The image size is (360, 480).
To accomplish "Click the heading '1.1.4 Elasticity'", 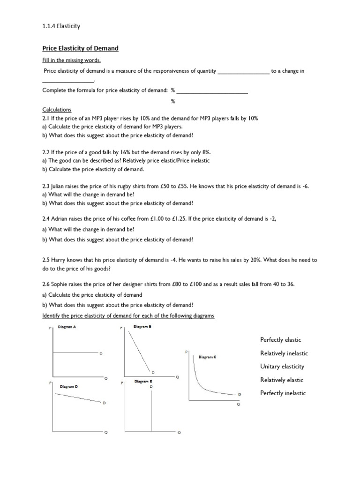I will pos(61,26).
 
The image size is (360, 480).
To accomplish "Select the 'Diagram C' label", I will pos(207,357).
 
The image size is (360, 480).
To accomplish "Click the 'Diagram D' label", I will pos(69,387).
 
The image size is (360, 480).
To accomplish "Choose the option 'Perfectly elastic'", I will pos(280,339).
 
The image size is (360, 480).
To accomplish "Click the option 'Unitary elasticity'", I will pos(282,366).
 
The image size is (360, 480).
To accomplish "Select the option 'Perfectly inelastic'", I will pos(283,393).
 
